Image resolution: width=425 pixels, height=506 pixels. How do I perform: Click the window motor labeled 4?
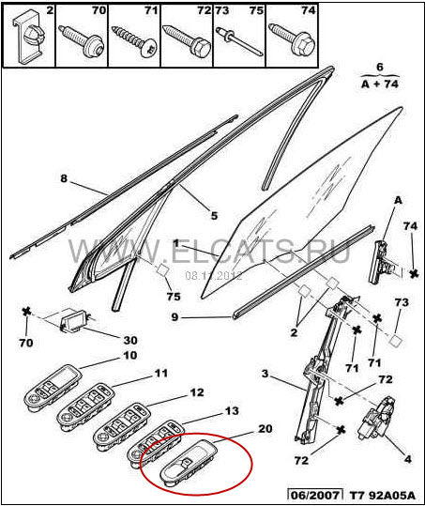pyautogui.click(x=376, y=419)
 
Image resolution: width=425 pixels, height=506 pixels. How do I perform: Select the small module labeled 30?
pyautogui.click(x=74, y=320)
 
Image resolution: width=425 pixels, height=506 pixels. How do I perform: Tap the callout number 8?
pyautogui.click(x=64, y=178)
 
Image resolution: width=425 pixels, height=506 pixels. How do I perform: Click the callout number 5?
pyautogui.click(x=215, y=215)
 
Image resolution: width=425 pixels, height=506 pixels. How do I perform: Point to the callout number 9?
pyautogui.click(x=175, y=317)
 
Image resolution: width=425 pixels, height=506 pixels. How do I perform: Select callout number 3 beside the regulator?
pyautogui.click(x=265, y=374)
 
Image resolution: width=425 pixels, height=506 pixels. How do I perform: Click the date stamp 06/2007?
pyautogui.click(x=315, y=495)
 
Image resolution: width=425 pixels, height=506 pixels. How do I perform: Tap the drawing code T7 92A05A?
pyautogui.click(x=383, y=495)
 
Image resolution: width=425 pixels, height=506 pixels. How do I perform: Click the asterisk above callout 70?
pyautogui.click(x=26, y=312)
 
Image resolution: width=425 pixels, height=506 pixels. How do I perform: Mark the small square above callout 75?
pyautogui.click(x=163, y=269)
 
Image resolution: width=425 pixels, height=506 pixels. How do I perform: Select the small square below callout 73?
pyautogui.click(x=395, y=341)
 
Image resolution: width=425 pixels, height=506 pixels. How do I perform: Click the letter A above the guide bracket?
pyautogui.click(x=399, y=200)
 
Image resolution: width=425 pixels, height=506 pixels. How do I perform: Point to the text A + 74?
pyautogui.click(x=380, y=84)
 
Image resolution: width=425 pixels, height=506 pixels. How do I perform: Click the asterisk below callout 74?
pyautogui.click(x=415, y=274)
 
